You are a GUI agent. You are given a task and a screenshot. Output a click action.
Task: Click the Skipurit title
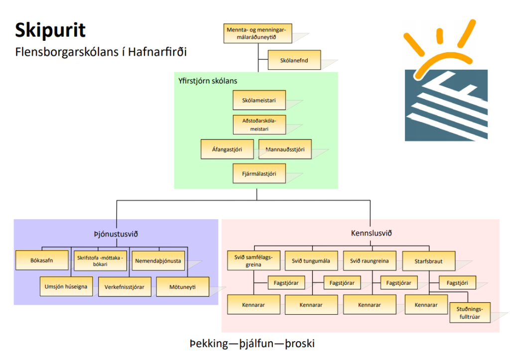click(50, 30)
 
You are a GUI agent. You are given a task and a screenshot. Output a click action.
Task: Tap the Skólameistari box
click(259, 100)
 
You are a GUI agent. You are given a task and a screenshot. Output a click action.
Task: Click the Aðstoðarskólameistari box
click(259, 124)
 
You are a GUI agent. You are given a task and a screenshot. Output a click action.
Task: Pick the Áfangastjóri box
click(229, 149)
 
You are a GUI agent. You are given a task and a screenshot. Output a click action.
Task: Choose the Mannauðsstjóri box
click(285, 149)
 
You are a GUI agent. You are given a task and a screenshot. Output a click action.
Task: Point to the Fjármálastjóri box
click(259, 174)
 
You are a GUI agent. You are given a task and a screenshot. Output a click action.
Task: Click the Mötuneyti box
click(182, 287)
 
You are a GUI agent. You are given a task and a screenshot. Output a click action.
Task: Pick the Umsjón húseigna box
click(66, 287)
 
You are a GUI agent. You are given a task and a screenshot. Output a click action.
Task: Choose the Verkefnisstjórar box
click(125, 287)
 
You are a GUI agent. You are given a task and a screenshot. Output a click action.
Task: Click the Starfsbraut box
click(428, 260)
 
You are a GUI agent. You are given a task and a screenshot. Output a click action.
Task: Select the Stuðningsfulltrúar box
click(470, 312)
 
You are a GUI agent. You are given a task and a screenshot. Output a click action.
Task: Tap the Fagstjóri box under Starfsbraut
click(457, 282)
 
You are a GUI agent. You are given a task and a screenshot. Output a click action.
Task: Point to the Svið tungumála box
click(312, 260)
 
